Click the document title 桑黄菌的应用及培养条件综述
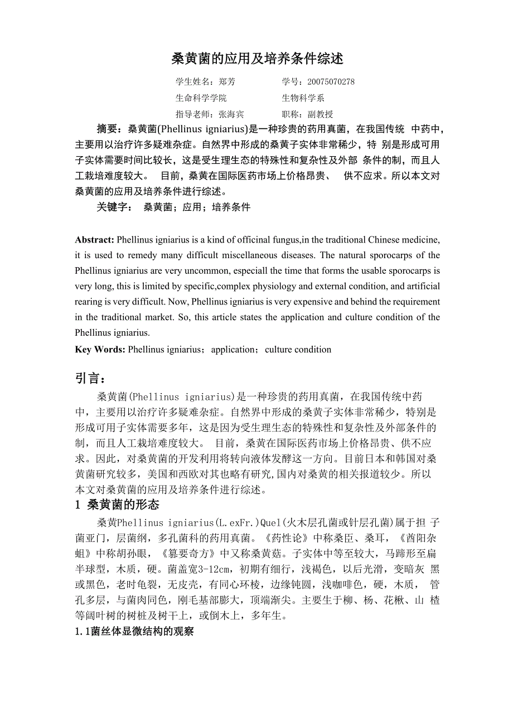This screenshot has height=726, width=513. pos(256,59)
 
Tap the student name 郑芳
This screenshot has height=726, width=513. pos(227,82)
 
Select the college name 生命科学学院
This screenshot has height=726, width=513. pos(201,98)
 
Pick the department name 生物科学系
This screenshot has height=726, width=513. pos(303,98)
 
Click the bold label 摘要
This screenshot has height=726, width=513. pos(109,129)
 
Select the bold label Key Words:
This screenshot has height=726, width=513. pos(100,350)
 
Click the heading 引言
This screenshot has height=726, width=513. pos(90,379)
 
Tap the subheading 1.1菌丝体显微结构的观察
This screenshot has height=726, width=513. pos(134,632)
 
